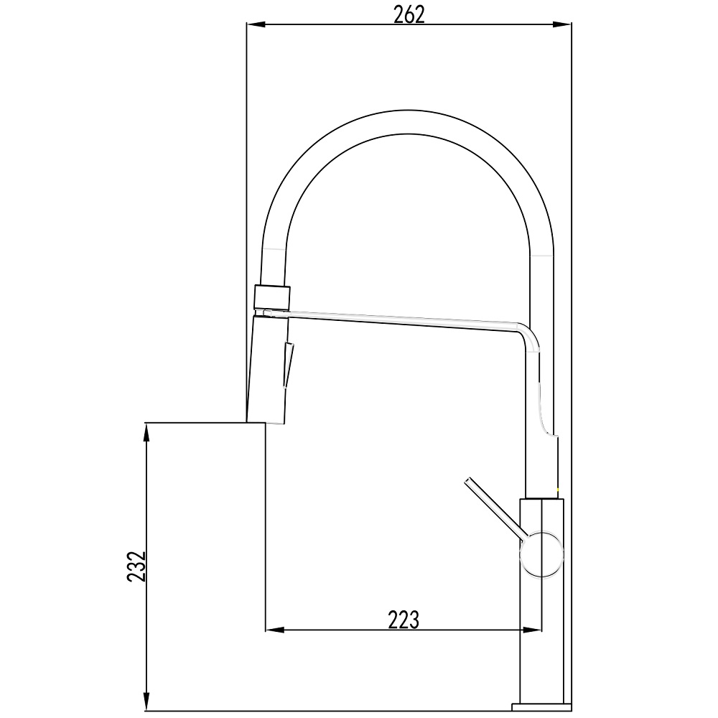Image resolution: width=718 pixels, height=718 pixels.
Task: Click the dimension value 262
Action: coord(409,15)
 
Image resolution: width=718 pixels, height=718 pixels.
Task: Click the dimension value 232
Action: coord(136,567)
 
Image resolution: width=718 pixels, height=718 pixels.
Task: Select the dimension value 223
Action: coord(404,620)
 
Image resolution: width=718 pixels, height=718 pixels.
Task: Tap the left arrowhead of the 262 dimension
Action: coord(256,24)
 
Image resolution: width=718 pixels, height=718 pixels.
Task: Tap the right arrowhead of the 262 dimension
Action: coord(562,24)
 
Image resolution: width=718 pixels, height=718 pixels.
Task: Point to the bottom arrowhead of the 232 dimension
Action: coord(146,702)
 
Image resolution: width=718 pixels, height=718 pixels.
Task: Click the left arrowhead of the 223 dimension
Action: coord(275,630)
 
